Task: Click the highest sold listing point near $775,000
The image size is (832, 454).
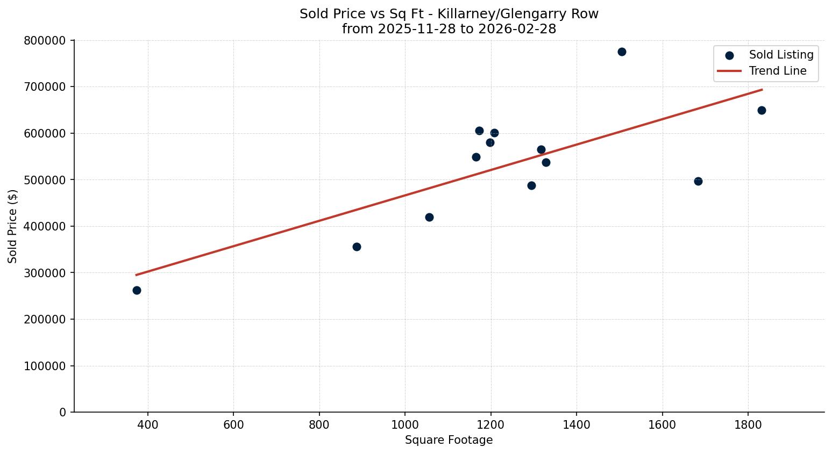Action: pos(622,52)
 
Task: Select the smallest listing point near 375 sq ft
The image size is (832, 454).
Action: pos(137,290)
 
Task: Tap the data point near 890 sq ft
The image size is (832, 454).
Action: pos(357,247)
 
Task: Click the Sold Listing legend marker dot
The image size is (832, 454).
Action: pos(729,55)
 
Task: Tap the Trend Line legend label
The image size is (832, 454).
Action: pos(778,71)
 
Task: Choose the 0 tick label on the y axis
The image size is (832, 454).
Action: pos(63,412)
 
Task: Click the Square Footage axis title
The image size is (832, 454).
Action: pos(449,440)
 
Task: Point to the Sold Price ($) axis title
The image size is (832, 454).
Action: pos(13,226)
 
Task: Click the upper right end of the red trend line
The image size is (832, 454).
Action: pos(762,90)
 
